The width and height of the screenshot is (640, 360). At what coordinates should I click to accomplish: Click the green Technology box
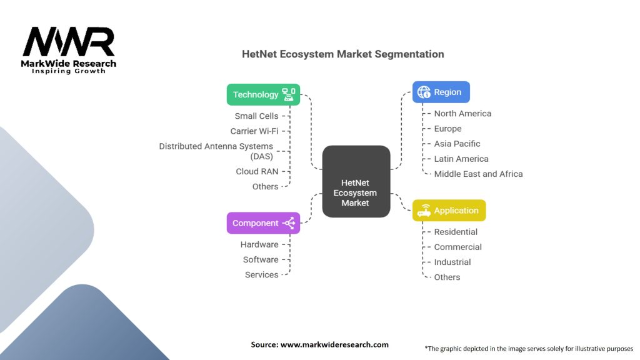(263, 94)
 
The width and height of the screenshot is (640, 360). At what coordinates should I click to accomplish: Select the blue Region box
(441, 92)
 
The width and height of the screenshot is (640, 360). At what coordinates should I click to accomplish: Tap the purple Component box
(263, 223)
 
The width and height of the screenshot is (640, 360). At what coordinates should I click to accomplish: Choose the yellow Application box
(449, 211)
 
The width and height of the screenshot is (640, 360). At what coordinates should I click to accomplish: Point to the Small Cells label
(256, 116)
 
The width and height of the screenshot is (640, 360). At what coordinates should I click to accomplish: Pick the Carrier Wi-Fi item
(254, 131)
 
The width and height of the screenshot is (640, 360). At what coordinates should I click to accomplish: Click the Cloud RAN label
(257, 171)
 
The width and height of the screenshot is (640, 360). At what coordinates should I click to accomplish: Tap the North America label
(462, 114)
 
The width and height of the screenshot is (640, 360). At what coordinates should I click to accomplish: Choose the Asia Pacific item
(457, 144)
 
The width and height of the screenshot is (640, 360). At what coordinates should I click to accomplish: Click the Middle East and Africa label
(478, 174)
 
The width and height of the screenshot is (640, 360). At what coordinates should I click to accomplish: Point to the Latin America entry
(461, 159)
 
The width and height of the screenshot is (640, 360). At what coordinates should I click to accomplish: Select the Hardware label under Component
(259, 244)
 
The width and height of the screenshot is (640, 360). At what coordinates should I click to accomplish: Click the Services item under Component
(261, 274)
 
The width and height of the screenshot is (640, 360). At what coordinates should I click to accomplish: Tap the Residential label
(456, 232)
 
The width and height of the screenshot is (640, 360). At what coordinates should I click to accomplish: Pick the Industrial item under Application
(452, 262)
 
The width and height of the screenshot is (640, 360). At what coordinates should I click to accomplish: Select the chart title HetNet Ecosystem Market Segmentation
(343, 54)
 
